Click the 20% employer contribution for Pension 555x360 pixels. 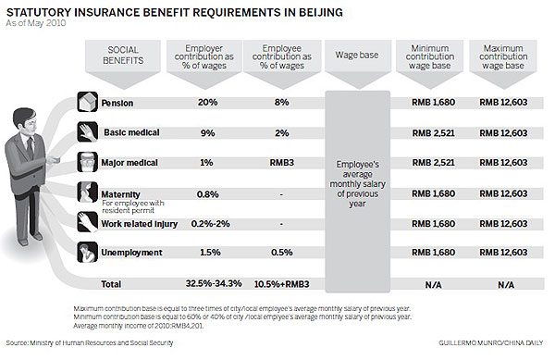pos(207,102)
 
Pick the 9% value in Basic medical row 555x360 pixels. pos(207,132)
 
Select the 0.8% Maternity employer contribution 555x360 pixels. pos(207,193)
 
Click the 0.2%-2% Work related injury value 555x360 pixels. pos(207,223)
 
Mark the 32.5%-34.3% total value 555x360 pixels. pos(207,282)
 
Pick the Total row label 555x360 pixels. pos(110,282)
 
